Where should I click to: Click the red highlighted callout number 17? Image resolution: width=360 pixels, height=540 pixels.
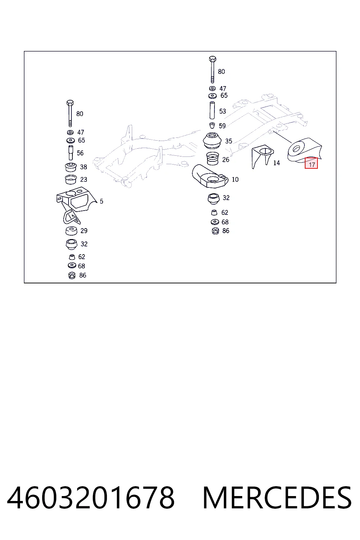tap(311, 163)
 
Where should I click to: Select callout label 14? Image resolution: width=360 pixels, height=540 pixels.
tap(277, 163)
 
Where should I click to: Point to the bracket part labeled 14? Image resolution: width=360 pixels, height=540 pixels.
tap(262, 156)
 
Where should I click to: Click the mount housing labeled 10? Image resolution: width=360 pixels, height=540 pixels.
tap(210, 176)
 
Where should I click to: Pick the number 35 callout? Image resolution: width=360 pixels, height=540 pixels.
tap(229, 141)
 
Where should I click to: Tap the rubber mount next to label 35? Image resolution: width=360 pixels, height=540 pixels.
tap(212, 141)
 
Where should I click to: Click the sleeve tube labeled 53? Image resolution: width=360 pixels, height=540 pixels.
tap(212, 110)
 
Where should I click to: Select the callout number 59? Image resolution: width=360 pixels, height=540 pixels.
tap(222, 126)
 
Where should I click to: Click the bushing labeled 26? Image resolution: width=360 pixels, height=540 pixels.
tap(212, 159)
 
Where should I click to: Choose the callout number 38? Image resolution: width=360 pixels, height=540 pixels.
tap(83, 167)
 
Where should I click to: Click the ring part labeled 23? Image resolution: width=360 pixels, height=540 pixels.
tap(71, 180)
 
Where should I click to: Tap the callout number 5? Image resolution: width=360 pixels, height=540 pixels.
tap(102, 201)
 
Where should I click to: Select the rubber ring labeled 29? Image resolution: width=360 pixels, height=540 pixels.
tap(71, 231)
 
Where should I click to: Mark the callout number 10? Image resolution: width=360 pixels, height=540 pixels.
tap(235, 180)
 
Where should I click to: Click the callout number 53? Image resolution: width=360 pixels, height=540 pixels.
tap(223, 111)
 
